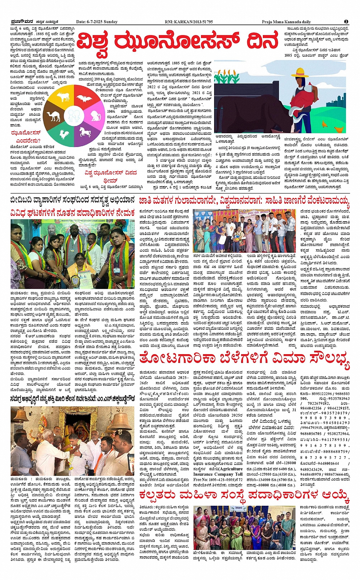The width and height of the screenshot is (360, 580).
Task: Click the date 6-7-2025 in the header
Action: (x=97, y=22)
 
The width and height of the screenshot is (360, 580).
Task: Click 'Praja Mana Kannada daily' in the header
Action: (x=286, y=22)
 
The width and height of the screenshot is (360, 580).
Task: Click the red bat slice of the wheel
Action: (x=84, y=99)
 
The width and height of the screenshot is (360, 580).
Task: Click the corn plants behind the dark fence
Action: (x=244, y=101)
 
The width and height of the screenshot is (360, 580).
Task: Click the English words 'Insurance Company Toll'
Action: (x=218, y=474)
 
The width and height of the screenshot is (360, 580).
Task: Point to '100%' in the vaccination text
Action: (x=111, y=111)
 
